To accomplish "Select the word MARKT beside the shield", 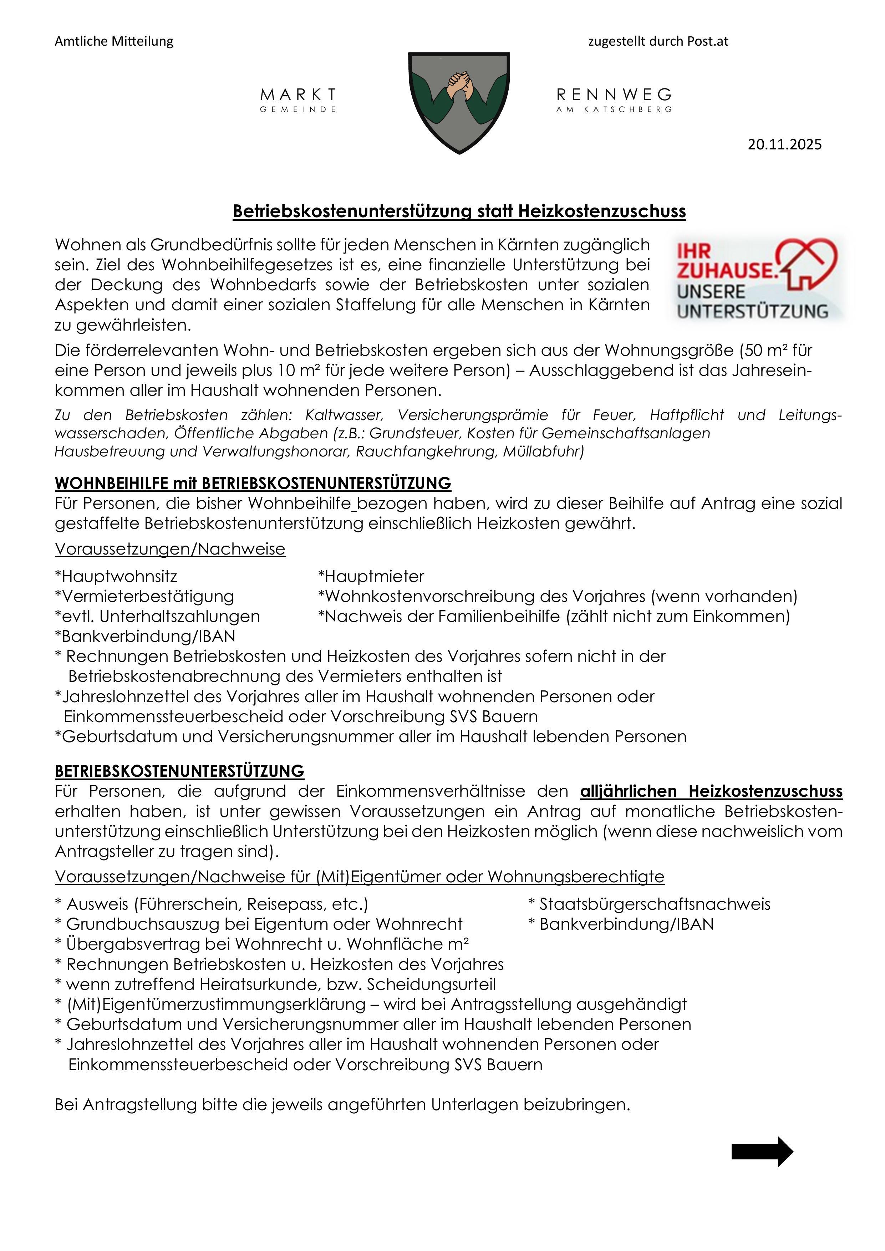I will click(298, 95).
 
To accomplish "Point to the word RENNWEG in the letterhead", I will click(614, 95).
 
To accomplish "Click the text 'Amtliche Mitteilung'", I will click(114, 41).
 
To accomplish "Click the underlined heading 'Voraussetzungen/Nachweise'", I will click(170, 549).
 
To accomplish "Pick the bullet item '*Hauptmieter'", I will click(371, 576).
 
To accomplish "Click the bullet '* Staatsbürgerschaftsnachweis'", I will click(650, 904).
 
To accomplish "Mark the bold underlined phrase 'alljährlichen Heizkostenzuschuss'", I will click(711, 791).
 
